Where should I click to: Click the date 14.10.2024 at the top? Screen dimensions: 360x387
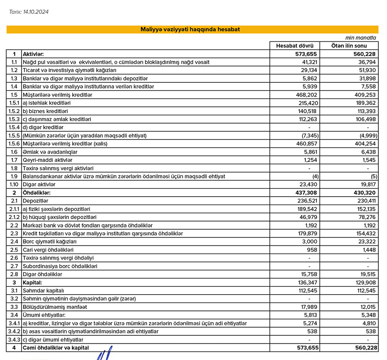click(x=36, y=12)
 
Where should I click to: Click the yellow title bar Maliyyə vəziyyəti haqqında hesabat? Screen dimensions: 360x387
click(x=192, y=29)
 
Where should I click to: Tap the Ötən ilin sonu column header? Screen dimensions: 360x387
click(x=349, y=46)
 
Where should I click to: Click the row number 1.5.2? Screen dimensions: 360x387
click(x=14, y=111)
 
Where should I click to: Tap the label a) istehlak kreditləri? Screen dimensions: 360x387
click(x=48, y=103)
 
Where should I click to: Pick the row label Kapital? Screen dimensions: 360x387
click(x=33, y=282)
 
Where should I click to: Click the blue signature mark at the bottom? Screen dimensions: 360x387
click(x=103, y=354)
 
